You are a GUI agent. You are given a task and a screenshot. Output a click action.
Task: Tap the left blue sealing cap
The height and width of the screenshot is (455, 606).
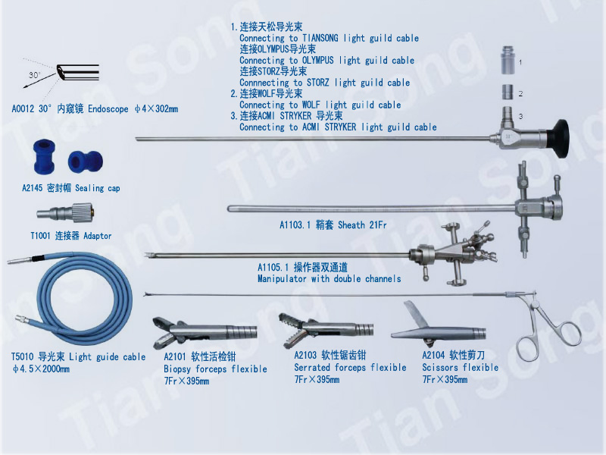[x=45, y=157]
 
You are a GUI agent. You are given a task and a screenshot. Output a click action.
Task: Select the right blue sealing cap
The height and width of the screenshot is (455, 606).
[x=86, y=162]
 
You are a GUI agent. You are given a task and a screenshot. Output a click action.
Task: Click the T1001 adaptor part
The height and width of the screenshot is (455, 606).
[x=65, y=212]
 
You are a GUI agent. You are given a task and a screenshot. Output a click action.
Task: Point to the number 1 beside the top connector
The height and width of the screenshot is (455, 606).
[x=520, y=62]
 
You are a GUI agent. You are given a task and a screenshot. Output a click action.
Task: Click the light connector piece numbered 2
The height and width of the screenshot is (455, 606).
[x=508, y=93]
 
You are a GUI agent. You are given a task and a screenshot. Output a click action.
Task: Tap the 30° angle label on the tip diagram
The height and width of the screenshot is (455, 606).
[x=34, y=75]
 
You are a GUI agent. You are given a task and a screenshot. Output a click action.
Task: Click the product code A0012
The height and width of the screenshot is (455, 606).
[x=23, y=109]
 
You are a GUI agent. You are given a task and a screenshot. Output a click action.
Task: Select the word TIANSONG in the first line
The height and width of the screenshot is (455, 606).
[x=320, y=39]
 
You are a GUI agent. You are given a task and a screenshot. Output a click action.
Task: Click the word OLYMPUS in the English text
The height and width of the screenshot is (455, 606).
[x=317, y=61]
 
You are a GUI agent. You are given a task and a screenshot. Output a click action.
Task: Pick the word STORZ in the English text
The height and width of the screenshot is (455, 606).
[x=318, y=83]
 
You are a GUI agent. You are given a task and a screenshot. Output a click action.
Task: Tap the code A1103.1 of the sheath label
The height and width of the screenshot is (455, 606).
[x=295, y=224]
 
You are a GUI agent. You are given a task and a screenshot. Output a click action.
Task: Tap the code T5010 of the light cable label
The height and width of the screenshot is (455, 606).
[x=23, y=356]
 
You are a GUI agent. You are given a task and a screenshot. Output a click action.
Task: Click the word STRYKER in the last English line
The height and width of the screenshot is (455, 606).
[x=340, y=127]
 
